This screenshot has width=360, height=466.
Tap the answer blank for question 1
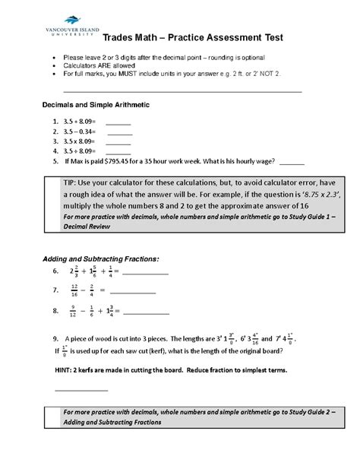pyautogui.click(x=118, y=122)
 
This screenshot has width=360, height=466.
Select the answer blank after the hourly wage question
pyautogui.click(x=292, y=162)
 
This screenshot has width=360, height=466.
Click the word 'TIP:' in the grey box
pyautogui.click(x=72, y=184)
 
